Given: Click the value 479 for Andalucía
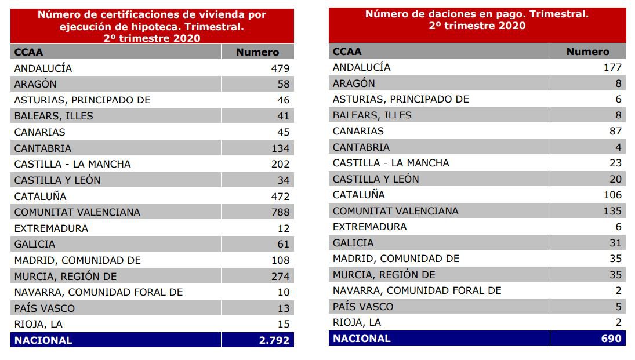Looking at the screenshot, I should click(280, 68).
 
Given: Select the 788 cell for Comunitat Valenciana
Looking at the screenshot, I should click(280, 212).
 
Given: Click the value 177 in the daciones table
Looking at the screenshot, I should click(612, 67).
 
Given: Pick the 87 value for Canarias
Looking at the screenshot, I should click(615, 131).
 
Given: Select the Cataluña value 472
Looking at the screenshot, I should click(280, 196).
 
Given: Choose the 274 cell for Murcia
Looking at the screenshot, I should click(280, 276).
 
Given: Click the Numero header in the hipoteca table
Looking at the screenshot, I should click(257, 52).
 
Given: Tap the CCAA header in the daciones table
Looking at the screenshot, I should click(347, 52).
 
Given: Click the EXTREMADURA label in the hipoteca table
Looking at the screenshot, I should click(51, 228).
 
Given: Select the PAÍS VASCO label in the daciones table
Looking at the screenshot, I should click(362, 307).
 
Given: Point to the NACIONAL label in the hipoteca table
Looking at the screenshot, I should click(43, 340).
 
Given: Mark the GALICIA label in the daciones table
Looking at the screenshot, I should click(353, 243).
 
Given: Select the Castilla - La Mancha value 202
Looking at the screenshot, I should click(280, 164).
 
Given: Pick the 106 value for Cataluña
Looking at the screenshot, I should click(612, 195).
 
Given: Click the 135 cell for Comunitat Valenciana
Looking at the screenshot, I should click(612, 211).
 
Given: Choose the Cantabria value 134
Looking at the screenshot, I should click(280, 148).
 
